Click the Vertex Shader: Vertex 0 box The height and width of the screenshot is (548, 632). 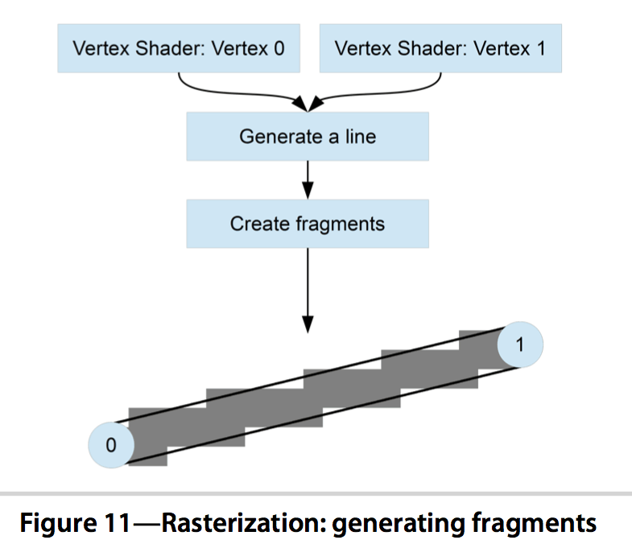[x=179, y=48]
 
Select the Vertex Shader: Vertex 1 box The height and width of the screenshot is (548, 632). [x=440, y=48]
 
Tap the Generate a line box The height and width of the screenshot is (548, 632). [x=308, y=137]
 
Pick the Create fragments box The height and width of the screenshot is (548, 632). [x=308, y=224]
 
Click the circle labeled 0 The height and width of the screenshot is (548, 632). [x=111, y=445]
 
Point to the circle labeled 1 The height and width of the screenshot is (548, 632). [x=520, y=344]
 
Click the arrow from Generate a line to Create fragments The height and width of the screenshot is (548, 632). [x=308, y=180]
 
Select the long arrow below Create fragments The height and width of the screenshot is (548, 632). [x=308, y=290]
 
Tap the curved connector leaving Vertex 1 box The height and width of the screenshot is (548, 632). [x=375, y=94]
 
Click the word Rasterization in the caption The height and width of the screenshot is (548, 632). [x=243, y=522]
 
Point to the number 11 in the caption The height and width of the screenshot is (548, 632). [x=118, y=522]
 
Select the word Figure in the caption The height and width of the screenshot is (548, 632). [x=59, y=523]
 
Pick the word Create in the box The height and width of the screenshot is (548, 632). [x=259, y=224]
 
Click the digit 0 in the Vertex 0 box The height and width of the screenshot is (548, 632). [x=279, y=48]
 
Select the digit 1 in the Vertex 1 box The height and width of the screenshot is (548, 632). [x=541, y=48]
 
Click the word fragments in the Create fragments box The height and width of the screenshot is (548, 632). [x=341, y=225]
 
